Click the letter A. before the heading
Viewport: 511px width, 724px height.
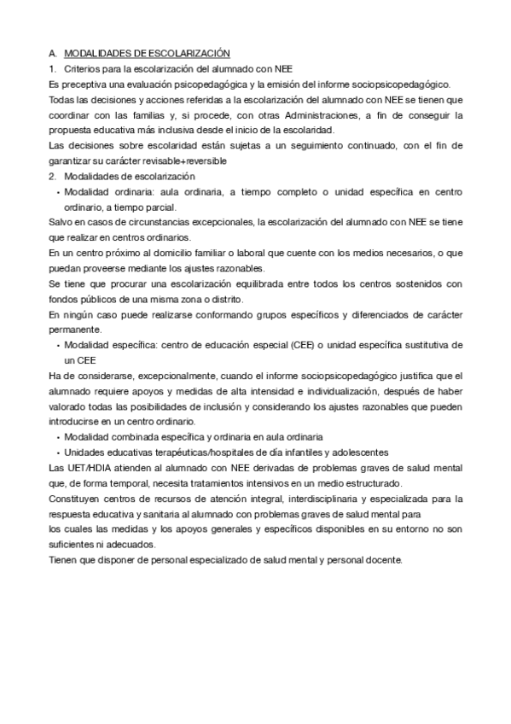pyautogui.click(x=53, y=53)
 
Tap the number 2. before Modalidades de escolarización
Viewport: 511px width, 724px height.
pyautogui.click(x=52, y=176)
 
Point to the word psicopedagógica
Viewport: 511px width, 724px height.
pyautogui.click(x=204, y=84)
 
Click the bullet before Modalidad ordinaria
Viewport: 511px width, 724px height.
pyautogui.click(x=57, y=191)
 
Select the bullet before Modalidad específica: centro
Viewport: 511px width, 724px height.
pyautogui.click(x=57, y=345)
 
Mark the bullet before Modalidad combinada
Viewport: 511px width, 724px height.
pyautogui.click(x=57, y=436)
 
